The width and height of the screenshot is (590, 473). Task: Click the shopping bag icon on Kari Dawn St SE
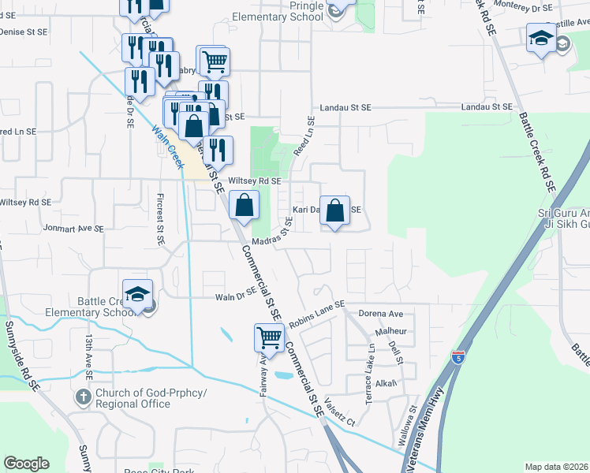point(335,210)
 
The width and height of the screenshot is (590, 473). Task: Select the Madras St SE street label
point(272,233)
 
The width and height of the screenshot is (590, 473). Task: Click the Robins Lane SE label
point(317,314)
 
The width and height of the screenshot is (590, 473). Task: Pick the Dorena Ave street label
point(381,313)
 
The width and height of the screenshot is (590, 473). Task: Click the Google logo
point(26,464)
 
